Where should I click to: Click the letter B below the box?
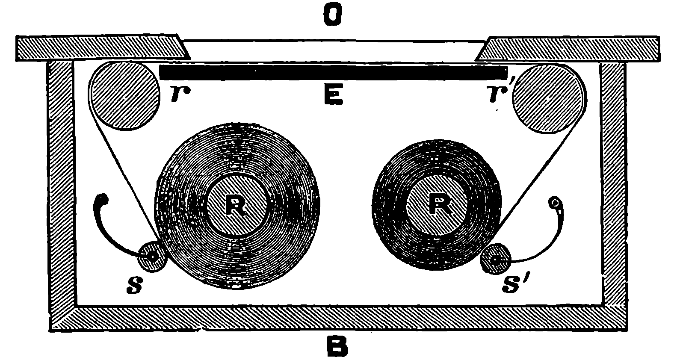[x=337, y=347]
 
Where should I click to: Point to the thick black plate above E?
[x=334, y=72]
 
